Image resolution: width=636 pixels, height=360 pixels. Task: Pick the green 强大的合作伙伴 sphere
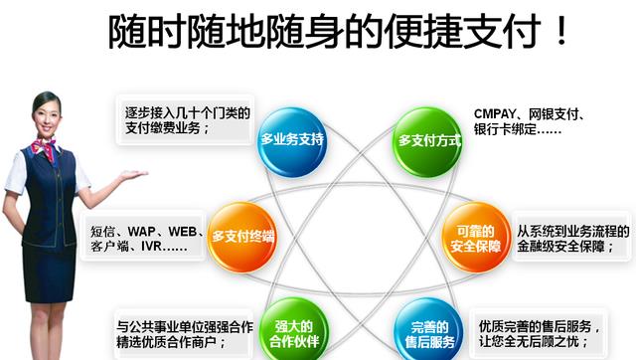pyautogui.click(x=293, y=334)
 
